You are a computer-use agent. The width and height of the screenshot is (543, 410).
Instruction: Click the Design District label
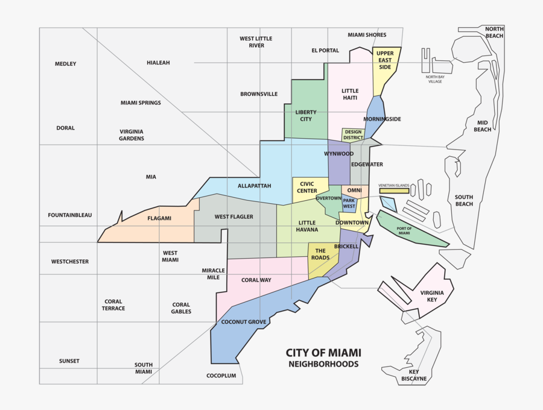pyautogui.click(x=353, y=134)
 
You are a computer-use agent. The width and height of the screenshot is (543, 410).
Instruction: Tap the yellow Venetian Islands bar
pyautogui.click(x=394, y=191)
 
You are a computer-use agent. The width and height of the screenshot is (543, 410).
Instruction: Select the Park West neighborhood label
pyautogui.click(x=349, y=203)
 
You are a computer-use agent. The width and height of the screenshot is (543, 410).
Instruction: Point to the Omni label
pyautogui.click(x=354, y=191)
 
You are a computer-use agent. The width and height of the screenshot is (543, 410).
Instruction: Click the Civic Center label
pyautogui.click(x=306, y=188)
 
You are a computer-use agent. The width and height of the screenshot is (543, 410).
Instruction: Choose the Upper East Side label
pyautogui.click(x=385, y=60)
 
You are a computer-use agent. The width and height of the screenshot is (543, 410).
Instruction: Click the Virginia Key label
pyautogui.click(x=432, y=295)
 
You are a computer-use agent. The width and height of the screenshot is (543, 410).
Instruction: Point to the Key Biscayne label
pyautogui.click(x=414, y=375)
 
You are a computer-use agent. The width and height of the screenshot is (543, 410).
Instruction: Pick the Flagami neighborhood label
pyautogui.click(x=159, y=219)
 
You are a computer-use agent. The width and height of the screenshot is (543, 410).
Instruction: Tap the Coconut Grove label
pyautogui.click(x=243, y=322)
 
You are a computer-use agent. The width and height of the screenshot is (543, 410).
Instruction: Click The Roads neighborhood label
pyautogui.click(x=320, y=254)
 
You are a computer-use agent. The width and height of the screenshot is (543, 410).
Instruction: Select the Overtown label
pyautogui.click(x=328, y=198)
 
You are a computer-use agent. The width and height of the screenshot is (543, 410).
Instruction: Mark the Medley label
pyautogui.click(x=66, y=64)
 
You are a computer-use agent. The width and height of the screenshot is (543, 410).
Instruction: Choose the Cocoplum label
pyautogui.click(x=221, y=376)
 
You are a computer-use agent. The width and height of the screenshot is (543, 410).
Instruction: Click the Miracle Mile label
pyautogui.click(x=213, y=274)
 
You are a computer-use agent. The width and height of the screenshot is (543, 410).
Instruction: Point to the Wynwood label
pyautogui.click(x=338, y=154)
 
